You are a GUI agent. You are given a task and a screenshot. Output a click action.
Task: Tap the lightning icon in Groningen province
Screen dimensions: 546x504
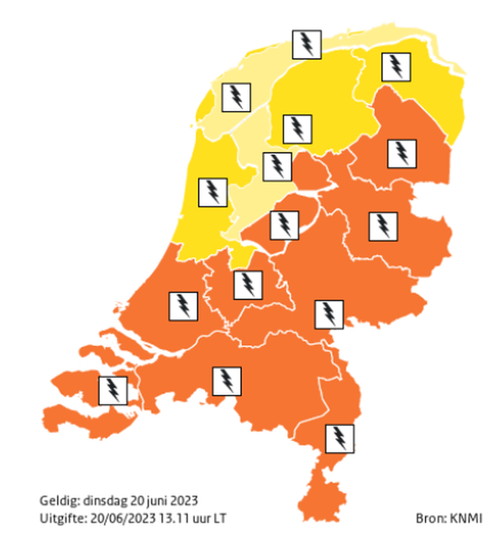point(396,66)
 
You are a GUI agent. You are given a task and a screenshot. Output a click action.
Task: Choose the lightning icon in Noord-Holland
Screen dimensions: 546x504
point(213,192)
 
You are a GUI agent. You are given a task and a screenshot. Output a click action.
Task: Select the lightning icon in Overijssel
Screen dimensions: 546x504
point(383,224)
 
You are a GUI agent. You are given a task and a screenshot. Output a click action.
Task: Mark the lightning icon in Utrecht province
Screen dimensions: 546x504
point(246,284)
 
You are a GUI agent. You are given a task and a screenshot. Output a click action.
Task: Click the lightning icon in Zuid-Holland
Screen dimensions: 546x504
point(184,305)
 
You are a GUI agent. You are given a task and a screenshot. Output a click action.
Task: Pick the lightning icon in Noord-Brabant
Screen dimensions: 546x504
point(226,381)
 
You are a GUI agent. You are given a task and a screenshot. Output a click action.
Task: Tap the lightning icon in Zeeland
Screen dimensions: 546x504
point(113,390)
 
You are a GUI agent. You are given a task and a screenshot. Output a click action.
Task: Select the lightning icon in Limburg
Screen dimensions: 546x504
point(339,438)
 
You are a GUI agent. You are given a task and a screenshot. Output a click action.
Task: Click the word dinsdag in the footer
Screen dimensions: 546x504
point(103,501)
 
